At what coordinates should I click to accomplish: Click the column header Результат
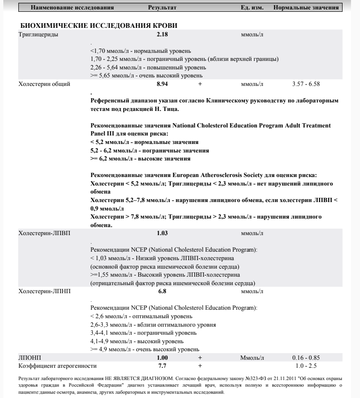(162, 8)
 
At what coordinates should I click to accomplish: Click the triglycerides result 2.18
(162, 34)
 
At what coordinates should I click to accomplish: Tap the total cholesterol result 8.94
(162, 84)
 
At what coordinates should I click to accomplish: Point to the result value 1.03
(162, 233)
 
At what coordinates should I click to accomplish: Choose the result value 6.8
(162, 292)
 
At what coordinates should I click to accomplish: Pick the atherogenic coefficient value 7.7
(162, 366)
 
